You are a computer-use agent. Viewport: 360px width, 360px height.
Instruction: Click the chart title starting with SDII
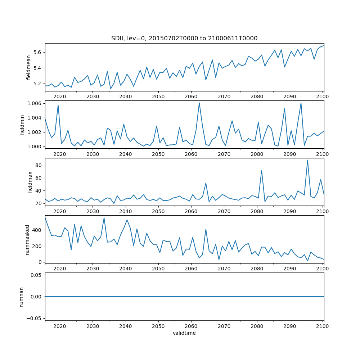(x=184, y=39)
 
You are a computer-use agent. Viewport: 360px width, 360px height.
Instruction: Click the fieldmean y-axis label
(x=28, y=67)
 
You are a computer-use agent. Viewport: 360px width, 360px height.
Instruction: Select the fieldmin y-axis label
(x=23, y=124)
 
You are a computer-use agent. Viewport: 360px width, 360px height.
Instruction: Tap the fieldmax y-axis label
(x=30, y=182)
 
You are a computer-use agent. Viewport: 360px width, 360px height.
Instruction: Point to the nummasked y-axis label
(x=27, y=239)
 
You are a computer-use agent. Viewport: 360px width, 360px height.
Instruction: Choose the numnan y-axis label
(x=22, y=296)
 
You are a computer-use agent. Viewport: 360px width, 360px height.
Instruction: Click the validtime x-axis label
(x=184, y=333)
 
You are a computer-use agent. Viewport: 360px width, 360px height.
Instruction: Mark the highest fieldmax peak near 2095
(x=307, y=160)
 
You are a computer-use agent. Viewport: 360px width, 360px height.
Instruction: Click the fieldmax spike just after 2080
(x=261, y=170)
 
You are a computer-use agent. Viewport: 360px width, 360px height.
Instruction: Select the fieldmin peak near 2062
(x=199, y=103)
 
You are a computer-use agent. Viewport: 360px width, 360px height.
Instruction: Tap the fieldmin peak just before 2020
(x=58, y=105)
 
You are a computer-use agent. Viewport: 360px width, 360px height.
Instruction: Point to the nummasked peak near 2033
(x=104, y=218)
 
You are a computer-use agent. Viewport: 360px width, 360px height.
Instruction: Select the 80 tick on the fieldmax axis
(x=39, y=165)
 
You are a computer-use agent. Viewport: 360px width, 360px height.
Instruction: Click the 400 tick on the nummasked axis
(x=37, y=230)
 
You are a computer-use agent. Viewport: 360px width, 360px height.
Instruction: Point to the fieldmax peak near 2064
(x=206, y=183)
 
